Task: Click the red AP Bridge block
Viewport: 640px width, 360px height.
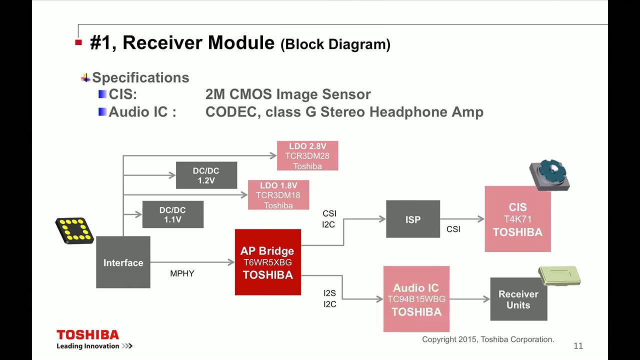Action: point(267,262)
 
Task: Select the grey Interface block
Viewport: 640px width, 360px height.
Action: point(123,262)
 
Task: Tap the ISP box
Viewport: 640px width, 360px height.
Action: point(413,219)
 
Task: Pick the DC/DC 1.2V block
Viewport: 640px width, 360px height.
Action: point(206,175)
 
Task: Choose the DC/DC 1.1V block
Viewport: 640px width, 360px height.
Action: point(173,214)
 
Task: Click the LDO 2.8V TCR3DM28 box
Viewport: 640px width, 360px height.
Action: point(307,155)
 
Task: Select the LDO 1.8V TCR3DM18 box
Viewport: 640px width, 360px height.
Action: point(278,195)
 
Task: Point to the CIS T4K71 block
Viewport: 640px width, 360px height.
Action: point(517,219)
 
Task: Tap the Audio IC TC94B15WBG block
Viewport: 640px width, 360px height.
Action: point(416,299)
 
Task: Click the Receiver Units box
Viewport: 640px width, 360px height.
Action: point(518,299)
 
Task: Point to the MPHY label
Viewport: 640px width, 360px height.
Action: point(182,273)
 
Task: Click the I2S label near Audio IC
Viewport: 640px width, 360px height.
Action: point(329,293)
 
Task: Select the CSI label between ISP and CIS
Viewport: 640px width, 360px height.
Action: point(453,229)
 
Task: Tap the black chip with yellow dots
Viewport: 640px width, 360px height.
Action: point(74,230)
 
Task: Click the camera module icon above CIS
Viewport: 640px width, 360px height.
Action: point(549,175)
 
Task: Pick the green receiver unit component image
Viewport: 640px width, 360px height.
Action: point(559,275)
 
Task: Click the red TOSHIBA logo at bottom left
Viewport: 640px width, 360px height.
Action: point(87,335)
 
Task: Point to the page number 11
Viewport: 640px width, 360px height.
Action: point(578,346)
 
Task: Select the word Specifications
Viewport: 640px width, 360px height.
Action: point(140,77)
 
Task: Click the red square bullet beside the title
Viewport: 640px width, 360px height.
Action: point(78,42)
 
